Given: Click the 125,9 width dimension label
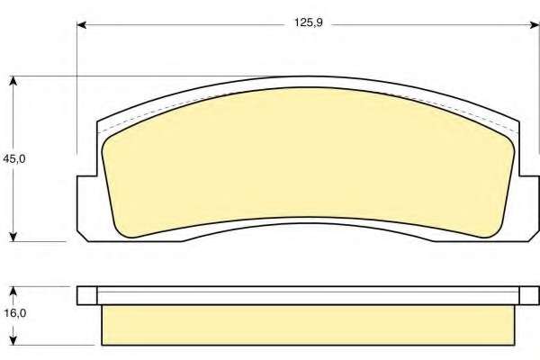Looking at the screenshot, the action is click(x=308, y=22).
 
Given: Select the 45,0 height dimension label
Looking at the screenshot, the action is click(x=13, y=158).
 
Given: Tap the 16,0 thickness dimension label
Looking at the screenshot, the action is click(x=15, y=313).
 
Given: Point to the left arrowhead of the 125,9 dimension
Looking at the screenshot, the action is click(x=81, y=25).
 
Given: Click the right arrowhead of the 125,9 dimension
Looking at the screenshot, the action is click(x=535, y=25).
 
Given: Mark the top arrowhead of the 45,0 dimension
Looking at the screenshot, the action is click(x=13, y=81).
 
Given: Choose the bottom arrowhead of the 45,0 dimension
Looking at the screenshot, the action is click(x=13, y=237).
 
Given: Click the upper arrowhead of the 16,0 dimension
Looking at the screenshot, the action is click(x=13, y=291).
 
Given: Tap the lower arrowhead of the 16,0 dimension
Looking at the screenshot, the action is click(x=13, y=340).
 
